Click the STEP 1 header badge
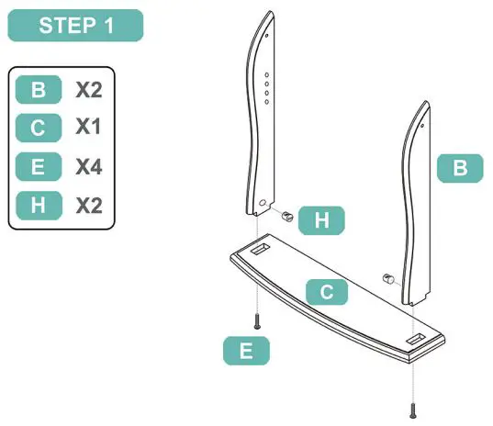(x=76, y=26)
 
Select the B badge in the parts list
(x=39, y=91)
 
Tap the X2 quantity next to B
(x=88, y=91)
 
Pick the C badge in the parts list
(x=39, y=128)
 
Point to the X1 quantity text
(x=88, y=128)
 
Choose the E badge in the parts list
(x=39, y=166)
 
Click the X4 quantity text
(x=88, y=166)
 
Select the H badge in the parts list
(x=39, y=205)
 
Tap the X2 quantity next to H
(x=88, y=205)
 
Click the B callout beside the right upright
(x=461, y=168)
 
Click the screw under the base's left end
(x=259, y=321)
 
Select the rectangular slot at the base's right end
(x=414, y=340)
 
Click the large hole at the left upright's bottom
(x=263, y=201)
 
